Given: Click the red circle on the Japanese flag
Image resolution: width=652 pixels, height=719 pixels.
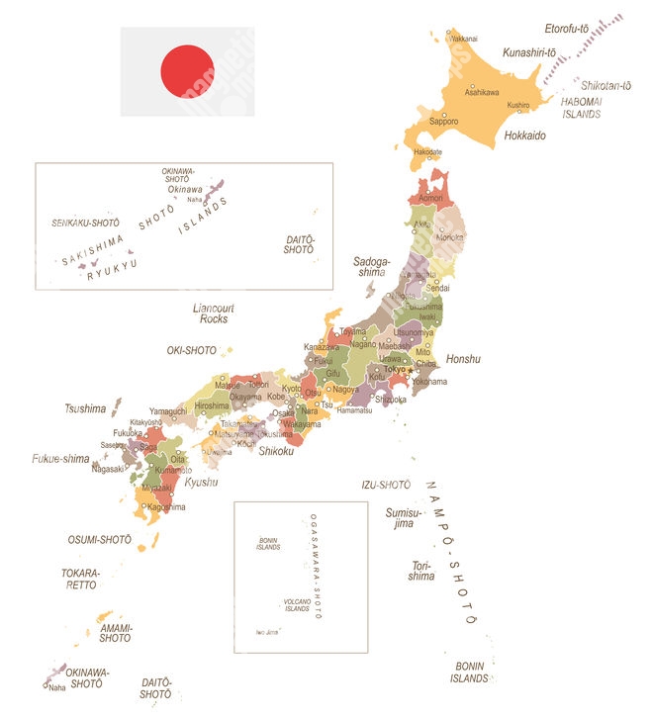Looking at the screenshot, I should (187, 71).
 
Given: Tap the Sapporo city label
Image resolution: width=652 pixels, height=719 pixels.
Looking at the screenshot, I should (443, 122).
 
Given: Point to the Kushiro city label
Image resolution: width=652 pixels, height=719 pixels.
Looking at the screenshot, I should (517, 105).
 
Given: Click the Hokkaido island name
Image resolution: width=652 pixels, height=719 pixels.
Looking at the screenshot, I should (524, 135).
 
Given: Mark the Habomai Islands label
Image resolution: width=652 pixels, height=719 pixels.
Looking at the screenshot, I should (581, 108).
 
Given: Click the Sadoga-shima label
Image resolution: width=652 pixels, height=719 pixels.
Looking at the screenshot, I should (372, 267).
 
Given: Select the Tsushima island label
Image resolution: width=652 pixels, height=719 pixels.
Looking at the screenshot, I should (85, 408).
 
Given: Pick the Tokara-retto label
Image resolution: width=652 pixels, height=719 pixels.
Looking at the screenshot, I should (81, 579).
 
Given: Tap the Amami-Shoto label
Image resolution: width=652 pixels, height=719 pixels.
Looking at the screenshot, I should (115, 632).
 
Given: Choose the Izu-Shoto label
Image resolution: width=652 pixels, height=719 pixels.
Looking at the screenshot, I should (386, 485).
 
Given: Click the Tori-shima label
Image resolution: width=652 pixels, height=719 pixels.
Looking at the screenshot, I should (421, 571).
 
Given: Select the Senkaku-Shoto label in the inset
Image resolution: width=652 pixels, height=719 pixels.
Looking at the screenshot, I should (85, 224).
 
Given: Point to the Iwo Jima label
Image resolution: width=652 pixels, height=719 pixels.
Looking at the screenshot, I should (266, 632).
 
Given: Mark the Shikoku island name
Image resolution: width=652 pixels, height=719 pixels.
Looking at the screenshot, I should (276, 451).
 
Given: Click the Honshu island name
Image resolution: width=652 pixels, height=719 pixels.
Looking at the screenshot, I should (462, 359).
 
